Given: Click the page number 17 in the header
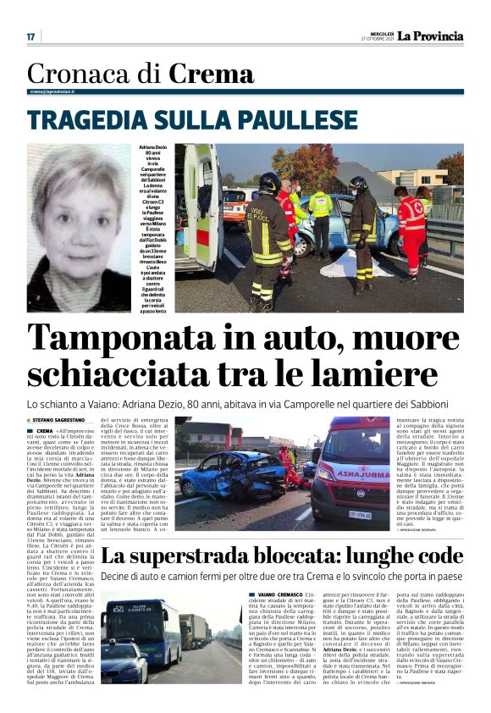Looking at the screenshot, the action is pos(30,36).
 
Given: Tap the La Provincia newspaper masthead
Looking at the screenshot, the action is pos(432,36).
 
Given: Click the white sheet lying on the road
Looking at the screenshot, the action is pos(344,264).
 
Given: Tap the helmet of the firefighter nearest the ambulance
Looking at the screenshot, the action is pos(270,182).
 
